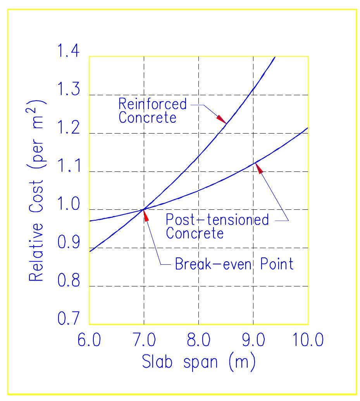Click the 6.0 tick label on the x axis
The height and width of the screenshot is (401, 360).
click(x=90, y=341)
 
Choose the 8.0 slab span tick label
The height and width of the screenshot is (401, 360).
click(x=198, y=341)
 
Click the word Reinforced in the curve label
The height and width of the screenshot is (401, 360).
click(x=152, y=104)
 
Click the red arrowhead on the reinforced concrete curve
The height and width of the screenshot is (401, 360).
click(x=221, y=119)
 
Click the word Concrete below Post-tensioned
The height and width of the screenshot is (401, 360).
click(x=194, y=233)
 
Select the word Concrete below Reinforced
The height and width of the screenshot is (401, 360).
click(x=147, y=118)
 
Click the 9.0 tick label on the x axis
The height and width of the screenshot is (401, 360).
click(x=253, y=341)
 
